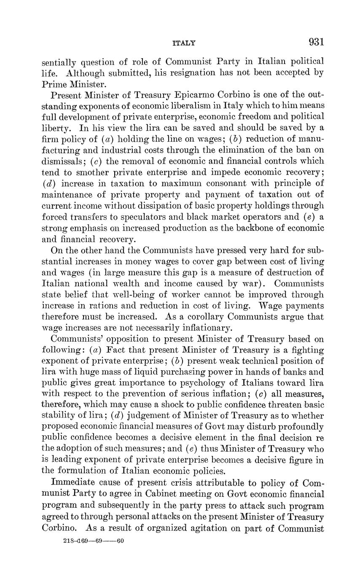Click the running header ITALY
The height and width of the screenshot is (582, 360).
[184, 43]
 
